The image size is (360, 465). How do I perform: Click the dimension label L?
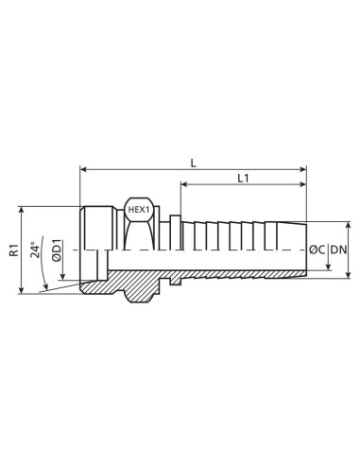click(194, 162)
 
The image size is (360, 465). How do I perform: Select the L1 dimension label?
click(243, 178)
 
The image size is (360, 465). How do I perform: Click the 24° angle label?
click(36, 250)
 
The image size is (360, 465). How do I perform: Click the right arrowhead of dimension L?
click(303, 170)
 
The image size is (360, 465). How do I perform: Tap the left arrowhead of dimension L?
click(84, 170)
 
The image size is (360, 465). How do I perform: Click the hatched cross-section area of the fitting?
click(132, 283)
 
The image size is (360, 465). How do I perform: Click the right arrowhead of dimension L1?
click(303, 186)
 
